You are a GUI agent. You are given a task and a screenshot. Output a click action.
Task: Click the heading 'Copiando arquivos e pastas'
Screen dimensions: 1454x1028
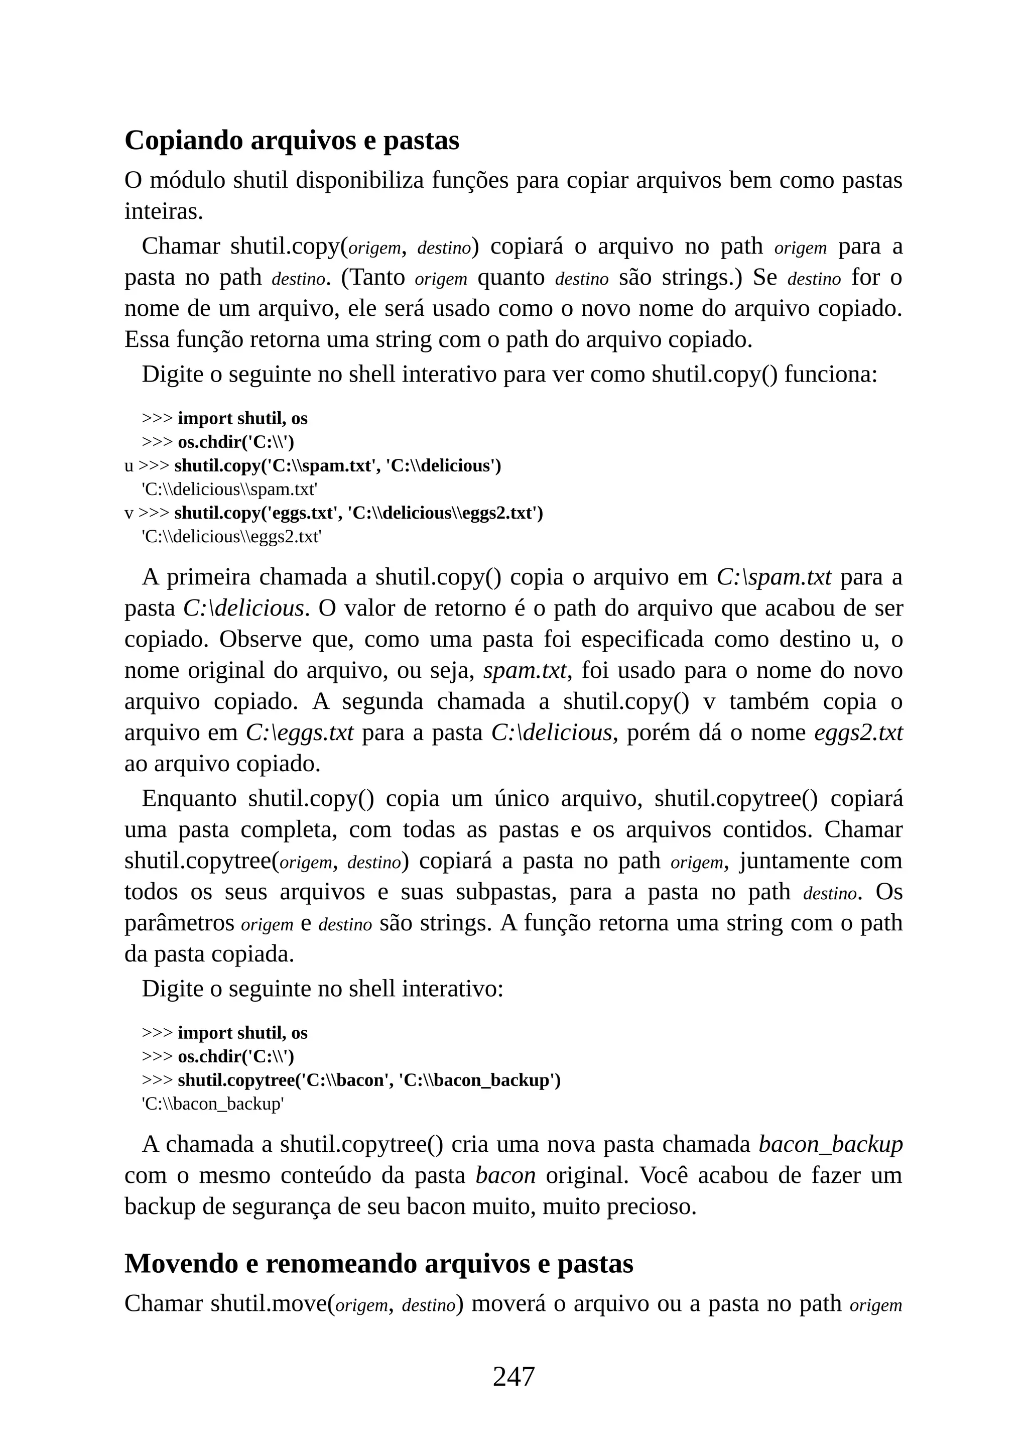pyautogui.click(x=292, y=141)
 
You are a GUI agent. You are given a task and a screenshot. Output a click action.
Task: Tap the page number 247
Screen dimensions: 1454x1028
pyautogui.click(x=513, y=1376)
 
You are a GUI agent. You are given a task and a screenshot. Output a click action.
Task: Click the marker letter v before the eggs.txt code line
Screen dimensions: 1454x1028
pyautogui.click(x=128, y=513)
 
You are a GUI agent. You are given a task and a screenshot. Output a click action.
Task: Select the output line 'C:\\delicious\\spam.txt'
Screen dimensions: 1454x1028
pyautogui.click(x=229, y=490)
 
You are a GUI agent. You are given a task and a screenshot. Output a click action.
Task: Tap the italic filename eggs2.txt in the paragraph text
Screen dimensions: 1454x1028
pyautogui.click(x=858, y=733)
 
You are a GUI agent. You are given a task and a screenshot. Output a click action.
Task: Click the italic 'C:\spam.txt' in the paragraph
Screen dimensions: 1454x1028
pyautogui.click(x=774, y=577)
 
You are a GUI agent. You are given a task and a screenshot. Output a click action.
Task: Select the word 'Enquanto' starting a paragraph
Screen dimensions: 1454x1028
pyautogui.click(x=189, y=799)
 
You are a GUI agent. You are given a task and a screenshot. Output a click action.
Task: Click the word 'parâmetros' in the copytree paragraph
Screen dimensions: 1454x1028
pyautogui.click(x=179, y=923)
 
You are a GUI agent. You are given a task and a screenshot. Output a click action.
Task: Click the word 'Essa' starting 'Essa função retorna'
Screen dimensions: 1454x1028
pyautogui.click(x=147, y=339)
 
